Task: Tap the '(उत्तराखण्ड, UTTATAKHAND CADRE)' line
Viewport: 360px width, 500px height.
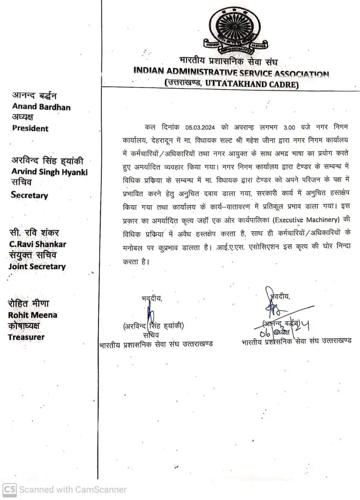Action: coord(231,84)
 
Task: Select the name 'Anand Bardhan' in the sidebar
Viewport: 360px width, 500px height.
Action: coord(41,107)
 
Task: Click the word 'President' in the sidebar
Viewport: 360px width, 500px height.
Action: coord(30,129)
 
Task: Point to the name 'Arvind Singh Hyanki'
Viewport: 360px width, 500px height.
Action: coord(50,172)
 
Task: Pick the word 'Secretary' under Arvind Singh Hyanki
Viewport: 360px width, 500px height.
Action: coord(30,195)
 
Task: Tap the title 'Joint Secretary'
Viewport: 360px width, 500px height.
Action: coord(37,266)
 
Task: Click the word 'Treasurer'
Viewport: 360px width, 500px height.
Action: coord(26,337)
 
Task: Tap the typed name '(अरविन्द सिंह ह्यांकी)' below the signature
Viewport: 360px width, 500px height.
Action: coord(153,326)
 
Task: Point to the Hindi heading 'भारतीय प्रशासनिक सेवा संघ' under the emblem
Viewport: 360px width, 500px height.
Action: coord(231,61)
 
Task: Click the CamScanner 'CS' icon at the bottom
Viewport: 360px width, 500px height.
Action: coord(9,489)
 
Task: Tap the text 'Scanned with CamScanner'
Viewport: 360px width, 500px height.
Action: coord(73,490)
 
